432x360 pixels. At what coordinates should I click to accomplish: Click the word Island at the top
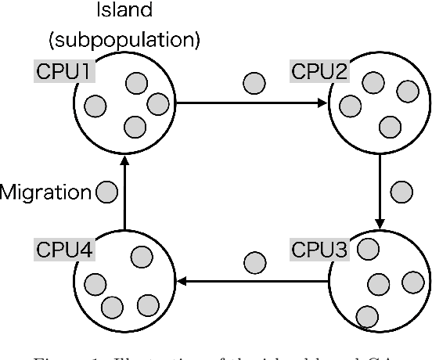click(124, 13)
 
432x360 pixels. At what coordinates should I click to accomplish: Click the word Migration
click(47, 190)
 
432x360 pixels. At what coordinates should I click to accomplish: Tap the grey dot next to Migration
click(106, 190)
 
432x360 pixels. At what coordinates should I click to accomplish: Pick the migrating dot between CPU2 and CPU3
click(401, 191)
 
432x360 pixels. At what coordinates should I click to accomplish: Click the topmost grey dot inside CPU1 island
click(137, 82)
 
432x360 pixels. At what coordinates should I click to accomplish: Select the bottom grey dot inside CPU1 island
click(135, 125)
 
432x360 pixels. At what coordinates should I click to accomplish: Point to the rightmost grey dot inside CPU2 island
click(406, 92)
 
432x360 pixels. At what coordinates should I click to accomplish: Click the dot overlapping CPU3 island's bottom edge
click(365, 316)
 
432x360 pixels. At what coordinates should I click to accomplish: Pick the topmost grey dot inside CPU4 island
click(140, 257)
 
